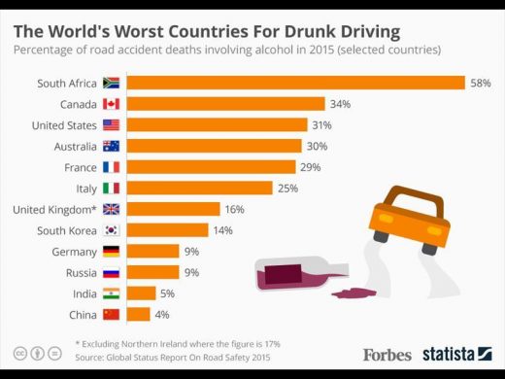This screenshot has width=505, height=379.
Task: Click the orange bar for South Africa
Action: click(x=296, y=83)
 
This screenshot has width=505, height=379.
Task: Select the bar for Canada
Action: click(x=226, y=104)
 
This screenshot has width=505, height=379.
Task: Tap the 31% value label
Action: click(x=321, y=125)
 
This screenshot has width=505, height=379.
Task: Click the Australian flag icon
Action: click(x=111, y=147)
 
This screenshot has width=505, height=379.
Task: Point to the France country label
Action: click(x=81, y=167)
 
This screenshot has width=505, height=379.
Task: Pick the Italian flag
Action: click(x=111, y=189)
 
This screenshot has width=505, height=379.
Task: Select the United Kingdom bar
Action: click(x=174, y=209)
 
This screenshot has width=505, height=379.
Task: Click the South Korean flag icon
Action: click(x=112, y=230)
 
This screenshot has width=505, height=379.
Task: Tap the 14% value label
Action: click(x=222, y=230)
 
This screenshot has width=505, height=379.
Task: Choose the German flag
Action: click(x=111, y=252)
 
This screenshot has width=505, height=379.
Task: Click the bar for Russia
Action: click(x=152, y=272)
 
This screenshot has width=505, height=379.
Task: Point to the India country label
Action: click(x=84, y=293)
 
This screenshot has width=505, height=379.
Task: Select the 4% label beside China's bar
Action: click(x=162, y=315)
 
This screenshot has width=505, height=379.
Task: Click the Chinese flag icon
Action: click(x=111, y=315)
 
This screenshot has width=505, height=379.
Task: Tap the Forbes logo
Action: click(x=387, y=355)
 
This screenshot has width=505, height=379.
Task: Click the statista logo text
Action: click(x=449, y=354)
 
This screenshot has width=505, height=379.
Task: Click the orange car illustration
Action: click(x=410, y=220)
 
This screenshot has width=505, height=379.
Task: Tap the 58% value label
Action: click(x=481, y=84)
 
